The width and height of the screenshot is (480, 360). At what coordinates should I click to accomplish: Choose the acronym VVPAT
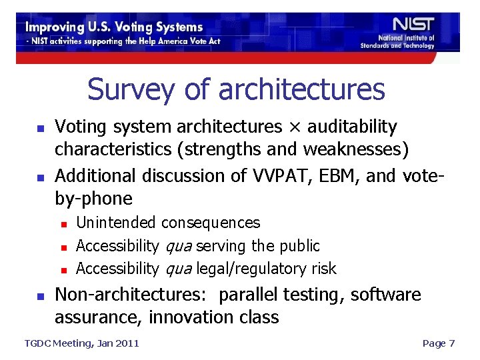point(280,176)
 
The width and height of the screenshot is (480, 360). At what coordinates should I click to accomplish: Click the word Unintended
point(117,223)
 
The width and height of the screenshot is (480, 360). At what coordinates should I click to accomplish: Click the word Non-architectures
point(133,295)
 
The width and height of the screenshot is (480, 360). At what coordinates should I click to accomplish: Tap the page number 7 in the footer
point(451,343)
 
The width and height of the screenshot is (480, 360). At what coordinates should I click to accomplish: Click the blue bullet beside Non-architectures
point(40,295)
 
